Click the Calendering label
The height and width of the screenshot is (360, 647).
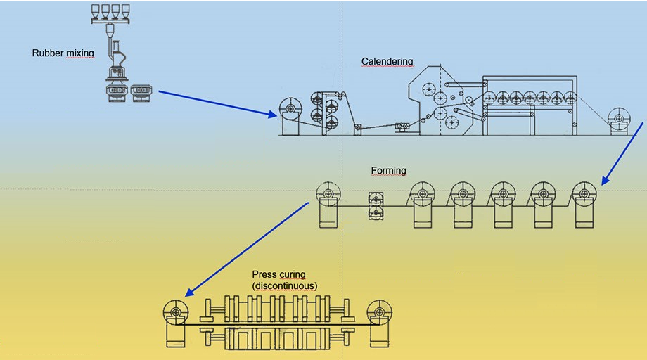coord(387,62)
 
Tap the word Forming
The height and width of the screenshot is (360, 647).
coord(388,171)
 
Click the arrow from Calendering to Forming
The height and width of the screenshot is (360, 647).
coord(622,154)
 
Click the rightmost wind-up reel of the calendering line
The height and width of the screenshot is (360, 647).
coord(619,118)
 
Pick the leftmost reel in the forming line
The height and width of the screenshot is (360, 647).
coord(328,193)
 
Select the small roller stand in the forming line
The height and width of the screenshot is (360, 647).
coord(377,203)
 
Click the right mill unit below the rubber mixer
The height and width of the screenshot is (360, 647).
coord(141,92)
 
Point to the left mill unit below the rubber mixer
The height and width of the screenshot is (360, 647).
coord(116,92)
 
